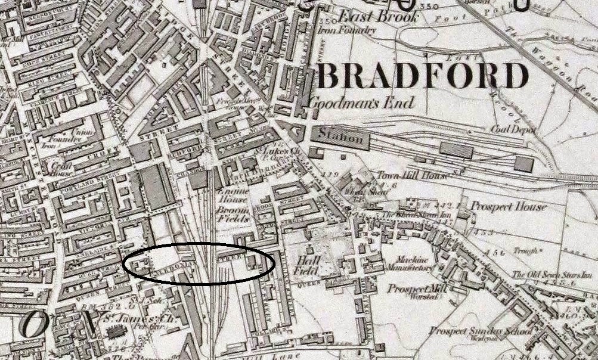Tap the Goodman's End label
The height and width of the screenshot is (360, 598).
[x=361, y=103]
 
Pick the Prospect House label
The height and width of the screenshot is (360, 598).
[x=508, y=207]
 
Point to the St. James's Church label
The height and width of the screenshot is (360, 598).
[x=135, y=319]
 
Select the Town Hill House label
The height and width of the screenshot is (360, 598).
[x=404, y=176]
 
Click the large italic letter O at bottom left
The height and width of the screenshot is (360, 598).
[x=34, y=324]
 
